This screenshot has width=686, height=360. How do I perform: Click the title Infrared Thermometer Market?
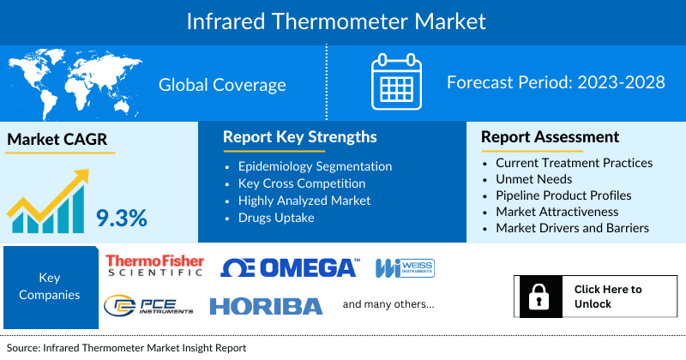343,20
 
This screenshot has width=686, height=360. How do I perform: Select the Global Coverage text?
222,84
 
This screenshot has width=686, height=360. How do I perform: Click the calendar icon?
396,82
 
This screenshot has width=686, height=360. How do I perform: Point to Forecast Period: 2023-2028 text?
557,83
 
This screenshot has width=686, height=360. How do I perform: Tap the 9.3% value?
121,218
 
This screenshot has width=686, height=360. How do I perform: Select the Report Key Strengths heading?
299,137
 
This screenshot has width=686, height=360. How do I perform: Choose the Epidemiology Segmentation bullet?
315,166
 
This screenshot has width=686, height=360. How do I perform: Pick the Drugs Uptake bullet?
277,218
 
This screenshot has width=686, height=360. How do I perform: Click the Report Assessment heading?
550,137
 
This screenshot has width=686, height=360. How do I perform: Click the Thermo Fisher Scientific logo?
154,265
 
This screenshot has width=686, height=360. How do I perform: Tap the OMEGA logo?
289,267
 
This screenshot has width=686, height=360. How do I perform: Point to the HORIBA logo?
266,306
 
